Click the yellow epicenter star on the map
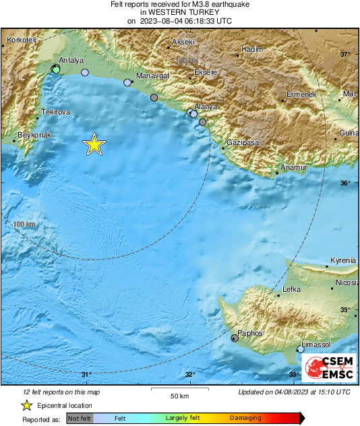(x=94, y=144)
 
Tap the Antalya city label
(x=71, y=60)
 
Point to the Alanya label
(x=206, y=106)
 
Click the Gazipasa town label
(x=243, y=143)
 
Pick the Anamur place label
(x=294, y=167)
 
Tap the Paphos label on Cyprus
(x=249, y=333)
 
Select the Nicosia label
(x=347, y=283)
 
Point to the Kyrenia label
(x=342, y=261)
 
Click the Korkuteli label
(x=20, y=40)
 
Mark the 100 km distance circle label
(x=24, y=224)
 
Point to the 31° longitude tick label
(x=86, y=375)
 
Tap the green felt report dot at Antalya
(x=57, y=69)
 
